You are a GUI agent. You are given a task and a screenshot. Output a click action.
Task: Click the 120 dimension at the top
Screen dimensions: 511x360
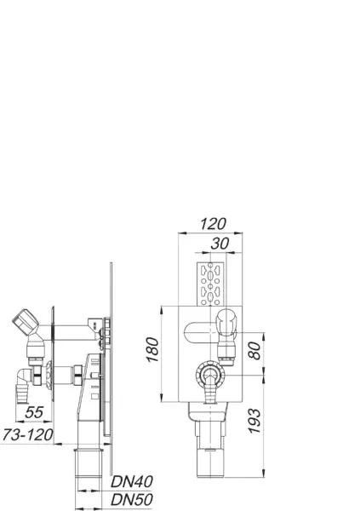pos(213,224)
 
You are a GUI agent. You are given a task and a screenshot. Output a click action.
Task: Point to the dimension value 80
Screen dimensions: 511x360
pos(254,350)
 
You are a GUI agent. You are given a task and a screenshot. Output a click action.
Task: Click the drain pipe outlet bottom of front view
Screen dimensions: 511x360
pos(208,459)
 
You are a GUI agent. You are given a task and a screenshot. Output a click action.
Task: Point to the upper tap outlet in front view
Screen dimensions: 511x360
pos(227,327)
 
